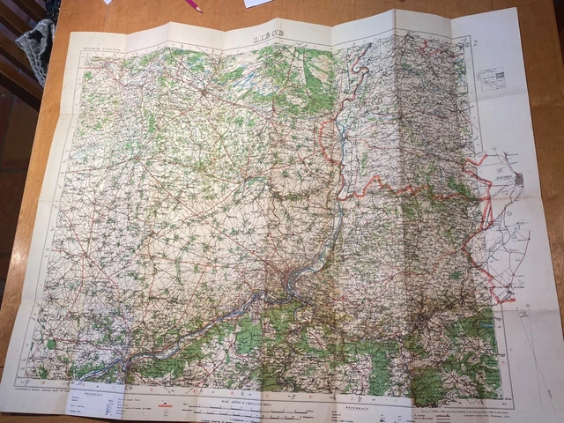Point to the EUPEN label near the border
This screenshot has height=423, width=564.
tap(507, 286)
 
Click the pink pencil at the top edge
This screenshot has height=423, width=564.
tap(191, 4)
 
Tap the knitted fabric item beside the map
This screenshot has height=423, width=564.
tap(35, 44)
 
